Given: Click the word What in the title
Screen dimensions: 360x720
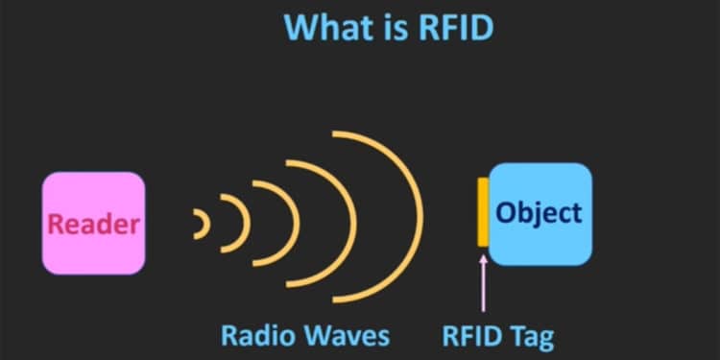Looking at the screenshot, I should [329, 28].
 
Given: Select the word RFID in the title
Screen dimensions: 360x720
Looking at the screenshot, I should [454, 28].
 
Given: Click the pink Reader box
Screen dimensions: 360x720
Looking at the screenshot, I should [92, 223].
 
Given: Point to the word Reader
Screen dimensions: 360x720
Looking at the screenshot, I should [93, 225].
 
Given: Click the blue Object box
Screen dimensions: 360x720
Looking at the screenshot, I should [540, 214].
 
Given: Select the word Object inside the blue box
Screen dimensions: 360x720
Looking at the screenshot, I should [539, 211].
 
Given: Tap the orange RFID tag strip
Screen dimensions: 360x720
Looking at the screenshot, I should [483, 211].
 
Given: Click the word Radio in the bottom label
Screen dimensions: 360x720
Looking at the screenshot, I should [256, 335].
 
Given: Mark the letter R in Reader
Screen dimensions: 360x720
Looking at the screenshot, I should [56, 225].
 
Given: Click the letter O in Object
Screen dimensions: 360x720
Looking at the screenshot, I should [506, 211].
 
